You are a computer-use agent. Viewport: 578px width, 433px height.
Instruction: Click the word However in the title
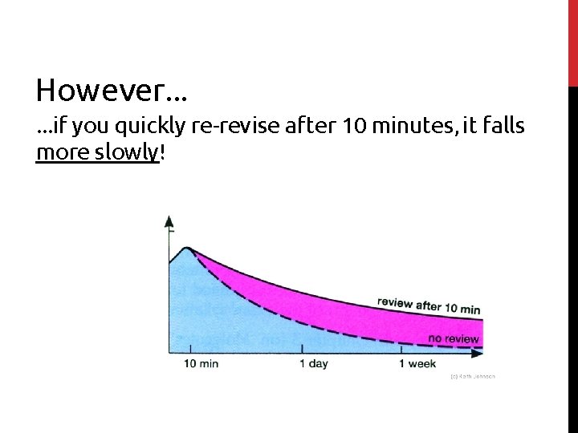[101, 91]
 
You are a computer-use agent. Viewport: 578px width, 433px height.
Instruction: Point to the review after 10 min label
[429, 306]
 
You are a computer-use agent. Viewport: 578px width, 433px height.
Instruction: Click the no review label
[454, 338]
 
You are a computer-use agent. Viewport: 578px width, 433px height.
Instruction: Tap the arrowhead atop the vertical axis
[169, 221]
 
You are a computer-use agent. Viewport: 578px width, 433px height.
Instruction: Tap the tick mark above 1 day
[302, 350]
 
